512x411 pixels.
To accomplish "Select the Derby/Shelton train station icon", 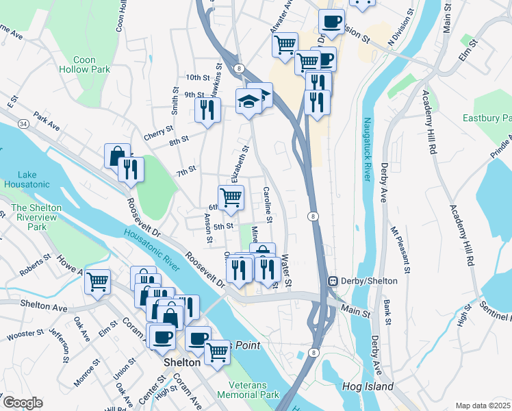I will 333,281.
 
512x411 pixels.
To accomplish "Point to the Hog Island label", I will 368,387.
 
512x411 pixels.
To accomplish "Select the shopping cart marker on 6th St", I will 231,197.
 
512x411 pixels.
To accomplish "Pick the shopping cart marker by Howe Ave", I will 98,280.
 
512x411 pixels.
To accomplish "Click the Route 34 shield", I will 23,124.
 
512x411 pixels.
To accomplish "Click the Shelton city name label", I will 181,362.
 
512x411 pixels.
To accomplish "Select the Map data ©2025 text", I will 483,406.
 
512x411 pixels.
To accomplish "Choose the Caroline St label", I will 268,206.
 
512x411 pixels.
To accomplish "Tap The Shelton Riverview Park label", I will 36,217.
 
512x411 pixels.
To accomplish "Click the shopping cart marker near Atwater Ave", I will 285,45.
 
